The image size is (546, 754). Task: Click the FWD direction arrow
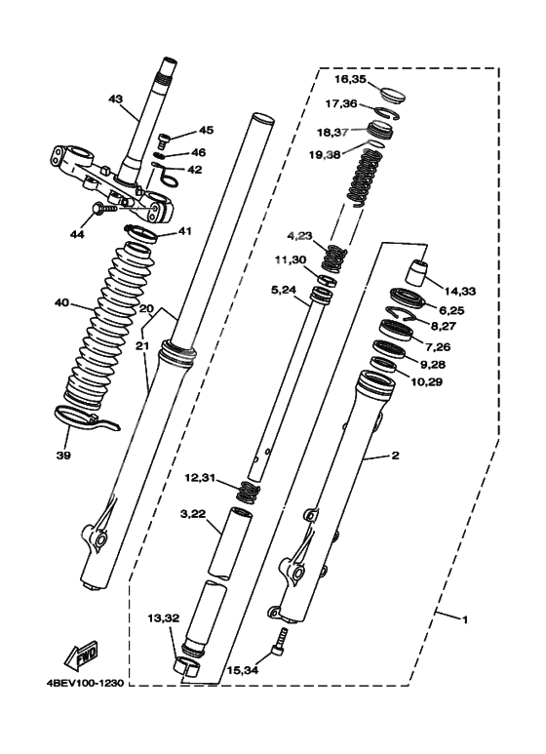coord(82,655)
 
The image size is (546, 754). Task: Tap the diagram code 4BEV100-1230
coord(86,683)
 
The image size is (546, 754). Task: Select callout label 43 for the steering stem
coord(116,99)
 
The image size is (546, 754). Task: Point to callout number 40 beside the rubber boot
coord(62,303)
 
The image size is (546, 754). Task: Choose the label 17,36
coord(341,103)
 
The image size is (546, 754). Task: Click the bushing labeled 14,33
coord(417,271)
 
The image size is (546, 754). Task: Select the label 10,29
coord(426,382)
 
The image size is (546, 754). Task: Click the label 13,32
coord(164,618)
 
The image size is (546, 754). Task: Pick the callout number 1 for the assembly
coord(464,619)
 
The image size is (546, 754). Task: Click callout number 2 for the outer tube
coord(395,456)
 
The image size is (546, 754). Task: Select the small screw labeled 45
coord(163,139)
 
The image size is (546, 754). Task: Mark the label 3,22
coord(193,514)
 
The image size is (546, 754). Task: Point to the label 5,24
coord(284,290)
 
